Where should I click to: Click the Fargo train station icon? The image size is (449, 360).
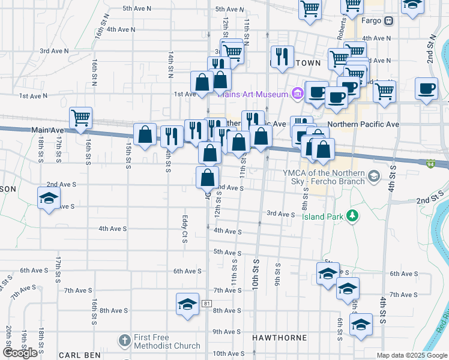(389, 21)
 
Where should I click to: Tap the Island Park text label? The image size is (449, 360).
(324, 217)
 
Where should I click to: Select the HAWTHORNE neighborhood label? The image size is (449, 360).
(279, 338)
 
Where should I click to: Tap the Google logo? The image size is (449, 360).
(20, 353)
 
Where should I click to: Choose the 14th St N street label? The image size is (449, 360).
(170, 64)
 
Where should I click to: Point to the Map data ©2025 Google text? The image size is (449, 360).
(412, 355)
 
